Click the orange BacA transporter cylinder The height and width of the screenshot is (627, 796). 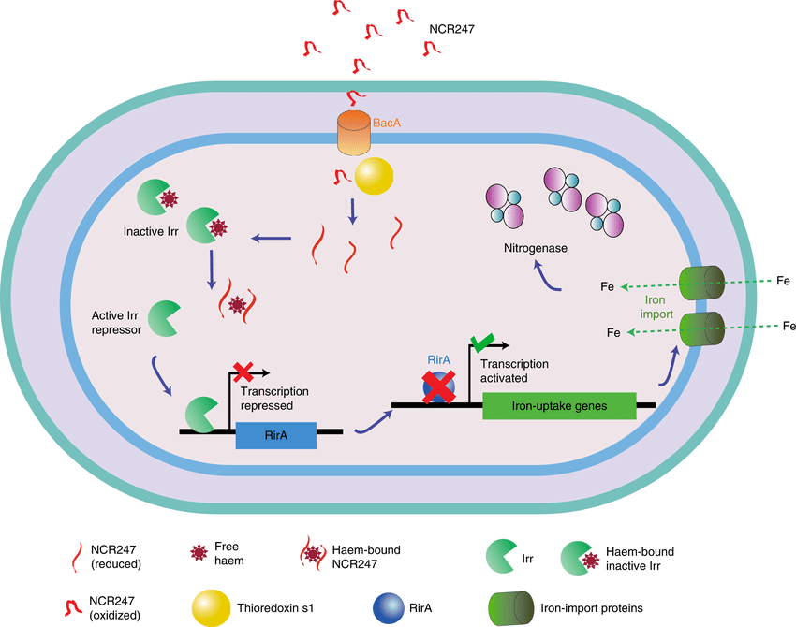coord(354,133)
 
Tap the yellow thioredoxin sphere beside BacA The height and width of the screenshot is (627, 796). coord(375,176)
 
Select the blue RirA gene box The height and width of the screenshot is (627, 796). coord(276,435)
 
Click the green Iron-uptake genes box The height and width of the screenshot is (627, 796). coord(559,406)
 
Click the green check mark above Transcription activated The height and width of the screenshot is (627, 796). coord(483,343)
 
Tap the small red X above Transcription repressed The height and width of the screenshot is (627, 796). coord(243,372)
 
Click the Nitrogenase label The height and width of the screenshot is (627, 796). coord(536,248)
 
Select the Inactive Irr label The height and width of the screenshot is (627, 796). coord(151,232)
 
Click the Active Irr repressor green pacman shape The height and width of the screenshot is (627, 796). coord(164,318)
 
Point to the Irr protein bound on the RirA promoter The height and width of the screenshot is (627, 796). coord(202,415)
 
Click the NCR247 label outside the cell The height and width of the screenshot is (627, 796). coord(451,29)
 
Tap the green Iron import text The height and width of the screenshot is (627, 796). coord(656,307)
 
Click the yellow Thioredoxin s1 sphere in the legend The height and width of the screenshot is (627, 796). coord(212,607)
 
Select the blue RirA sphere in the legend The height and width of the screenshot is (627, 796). coord(389,607)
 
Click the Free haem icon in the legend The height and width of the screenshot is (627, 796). coord(199,552)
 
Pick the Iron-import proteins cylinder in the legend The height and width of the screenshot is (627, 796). coord(510,608)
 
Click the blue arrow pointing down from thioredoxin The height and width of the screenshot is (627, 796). coord(352,211)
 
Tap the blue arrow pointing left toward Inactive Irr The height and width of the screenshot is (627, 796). coord(271,238)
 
